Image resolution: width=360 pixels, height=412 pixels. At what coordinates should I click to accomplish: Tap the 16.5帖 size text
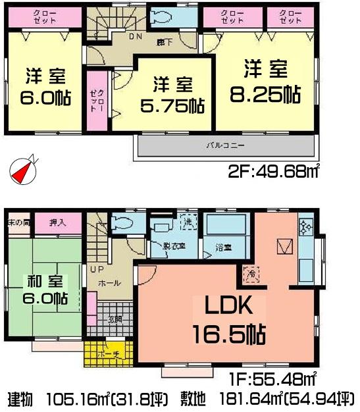(228, 335)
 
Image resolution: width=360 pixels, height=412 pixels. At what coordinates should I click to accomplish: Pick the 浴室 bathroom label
(222, 248)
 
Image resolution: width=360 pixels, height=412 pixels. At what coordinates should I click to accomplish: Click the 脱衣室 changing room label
(172, 248)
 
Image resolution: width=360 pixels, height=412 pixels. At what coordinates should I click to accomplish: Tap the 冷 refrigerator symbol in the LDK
(251, 272)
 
